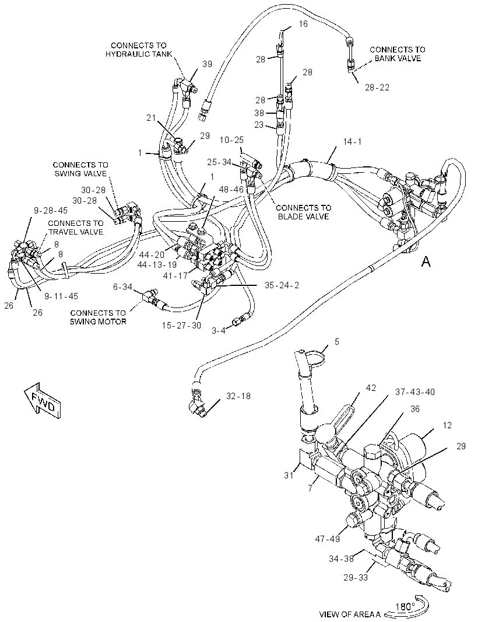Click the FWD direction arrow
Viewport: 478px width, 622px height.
pos(42,400)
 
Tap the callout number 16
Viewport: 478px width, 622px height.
pos(303,24)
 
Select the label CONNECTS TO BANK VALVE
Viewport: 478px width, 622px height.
pos(397,54)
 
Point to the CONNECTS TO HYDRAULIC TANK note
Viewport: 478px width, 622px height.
pos(139,50)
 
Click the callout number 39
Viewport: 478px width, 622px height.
pos(208,64)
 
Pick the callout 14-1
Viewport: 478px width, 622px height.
pos(352,142)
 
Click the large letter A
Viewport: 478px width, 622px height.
pos(426,261)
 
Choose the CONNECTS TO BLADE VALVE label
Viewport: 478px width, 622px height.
pos(303,212)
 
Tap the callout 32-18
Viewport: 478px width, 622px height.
pos(238,396)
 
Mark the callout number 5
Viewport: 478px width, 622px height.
pos(336,341)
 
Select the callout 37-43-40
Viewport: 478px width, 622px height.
pos(415,392)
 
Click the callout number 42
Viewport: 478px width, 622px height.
pos(371,388)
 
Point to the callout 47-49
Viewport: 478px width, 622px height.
pos(328,539)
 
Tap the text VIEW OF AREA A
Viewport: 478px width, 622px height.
pos(350,614)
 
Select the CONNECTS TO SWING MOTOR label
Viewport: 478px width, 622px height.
pos(98,317)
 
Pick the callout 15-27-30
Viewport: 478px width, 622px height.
pos(181,326)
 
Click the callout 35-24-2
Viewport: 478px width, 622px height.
pos(282,285)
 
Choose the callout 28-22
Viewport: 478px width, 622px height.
pos(377,88)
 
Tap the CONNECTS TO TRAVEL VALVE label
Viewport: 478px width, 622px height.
pos(76,228)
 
